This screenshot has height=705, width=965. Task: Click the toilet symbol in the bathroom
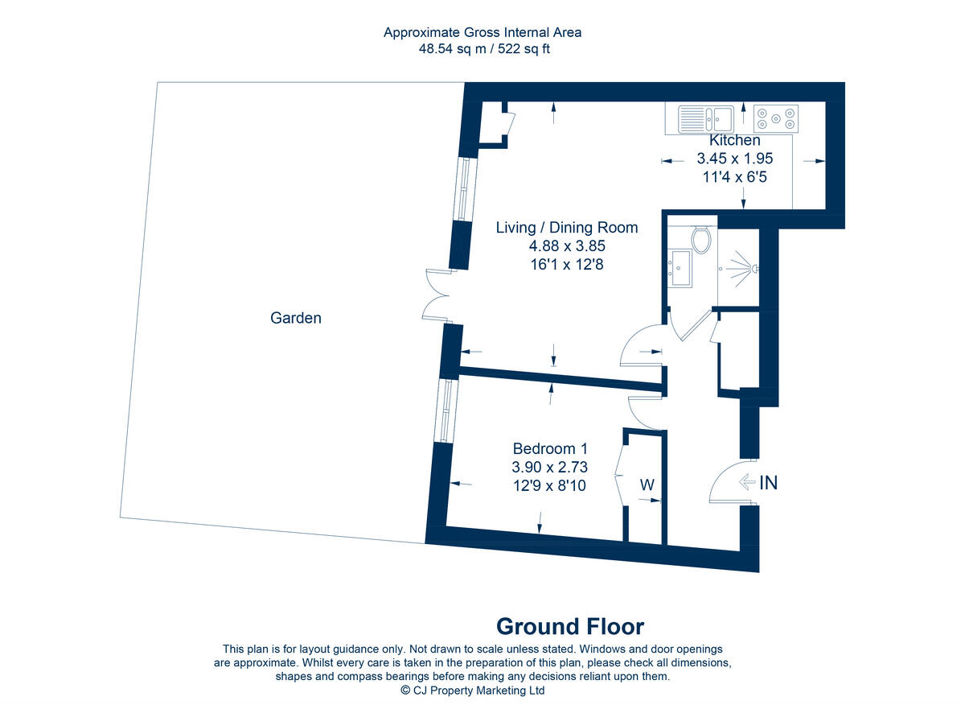(x=701, y=240)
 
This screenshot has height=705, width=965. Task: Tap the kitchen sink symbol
(x=706, y=120)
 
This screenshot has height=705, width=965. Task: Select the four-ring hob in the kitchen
(x=776, y=120)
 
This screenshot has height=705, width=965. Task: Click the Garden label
(x=295, y=318)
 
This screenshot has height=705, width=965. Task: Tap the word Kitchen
(x=734, y=141)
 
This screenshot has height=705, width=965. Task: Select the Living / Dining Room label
(x=566, y=228)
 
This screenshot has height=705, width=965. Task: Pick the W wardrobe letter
(x=647, y=485)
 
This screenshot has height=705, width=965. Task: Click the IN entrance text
(x=769, y=483)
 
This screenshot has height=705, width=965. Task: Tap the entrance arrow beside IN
(x=746, y=483)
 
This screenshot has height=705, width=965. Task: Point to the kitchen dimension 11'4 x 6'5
(x=734, y=176)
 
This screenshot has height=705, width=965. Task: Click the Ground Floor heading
(x=569, y=626)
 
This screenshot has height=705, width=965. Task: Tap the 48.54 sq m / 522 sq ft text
(x=482, y=48)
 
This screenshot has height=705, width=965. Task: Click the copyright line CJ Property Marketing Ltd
(x=473, y=691)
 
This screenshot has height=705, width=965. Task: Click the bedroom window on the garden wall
(x=446, y=410)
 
